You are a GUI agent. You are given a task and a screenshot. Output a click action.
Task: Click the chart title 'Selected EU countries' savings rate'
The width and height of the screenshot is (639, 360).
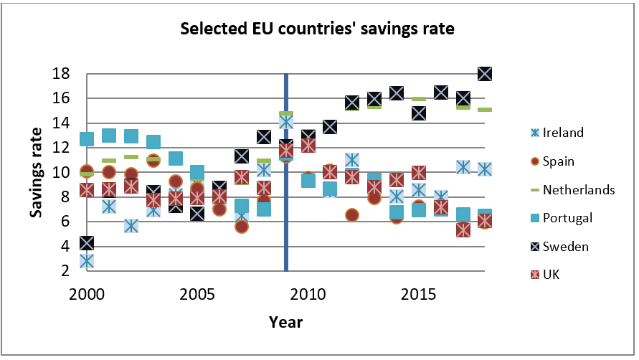coord(318,29)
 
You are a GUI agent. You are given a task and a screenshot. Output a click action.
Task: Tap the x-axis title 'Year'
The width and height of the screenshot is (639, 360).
coord(285,322)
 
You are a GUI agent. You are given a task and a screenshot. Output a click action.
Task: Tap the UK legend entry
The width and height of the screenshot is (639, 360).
coord(552,275)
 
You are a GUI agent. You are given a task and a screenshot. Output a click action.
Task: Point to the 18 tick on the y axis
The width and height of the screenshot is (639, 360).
coord(61,74)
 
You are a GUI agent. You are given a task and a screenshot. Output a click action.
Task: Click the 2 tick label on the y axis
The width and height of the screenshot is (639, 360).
coord(65,270)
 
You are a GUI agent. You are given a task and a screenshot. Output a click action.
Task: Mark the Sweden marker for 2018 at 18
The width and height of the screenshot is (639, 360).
coord(485,74)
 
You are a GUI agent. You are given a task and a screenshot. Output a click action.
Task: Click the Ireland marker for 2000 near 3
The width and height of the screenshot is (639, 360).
coord(87,261)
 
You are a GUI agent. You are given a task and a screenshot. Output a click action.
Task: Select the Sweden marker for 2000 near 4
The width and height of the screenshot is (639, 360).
coord(87,244)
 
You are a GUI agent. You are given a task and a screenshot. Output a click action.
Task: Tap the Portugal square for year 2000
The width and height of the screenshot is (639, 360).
coord(87,139)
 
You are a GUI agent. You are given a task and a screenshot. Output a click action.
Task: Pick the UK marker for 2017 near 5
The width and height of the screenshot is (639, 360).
coord(463,230)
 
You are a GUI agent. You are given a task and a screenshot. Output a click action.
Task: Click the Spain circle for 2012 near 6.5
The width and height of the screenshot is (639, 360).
coord(352,215)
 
